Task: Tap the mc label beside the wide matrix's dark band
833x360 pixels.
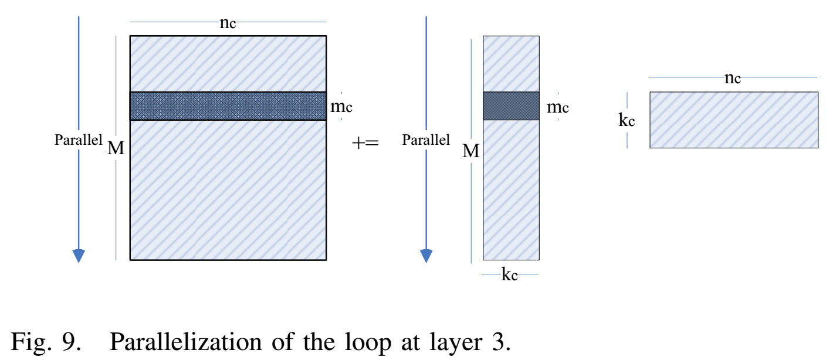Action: click(x=341, y=107)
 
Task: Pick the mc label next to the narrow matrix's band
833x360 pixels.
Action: click(x=557, y=107)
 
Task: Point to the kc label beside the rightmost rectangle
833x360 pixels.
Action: click(x=627, y=120)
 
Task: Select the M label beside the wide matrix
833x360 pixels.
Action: click(x=116, y=149)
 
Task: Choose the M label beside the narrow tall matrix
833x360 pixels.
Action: click(x=470, y=151)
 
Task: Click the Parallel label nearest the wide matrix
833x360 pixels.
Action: click(x=78, y=140)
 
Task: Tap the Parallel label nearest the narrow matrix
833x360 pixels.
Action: click(x=426, y=140)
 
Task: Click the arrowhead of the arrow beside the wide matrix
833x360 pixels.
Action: click(x=79, y=256)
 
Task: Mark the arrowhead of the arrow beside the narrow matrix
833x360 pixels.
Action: click(x=426, y=256)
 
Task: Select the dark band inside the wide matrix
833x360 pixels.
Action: click(x=228, y=106)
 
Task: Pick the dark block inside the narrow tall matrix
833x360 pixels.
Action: click(x=511, y=106)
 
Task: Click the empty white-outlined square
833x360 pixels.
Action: click(x=365, y=144)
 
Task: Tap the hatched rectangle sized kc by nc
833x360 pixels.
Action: click(x=733, y=120)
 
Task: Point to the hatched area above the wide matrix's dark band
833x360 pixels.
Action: click(x=228, y=64)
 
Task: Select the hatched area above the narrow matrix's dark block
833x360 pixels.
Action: click(x=511, y=64)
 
